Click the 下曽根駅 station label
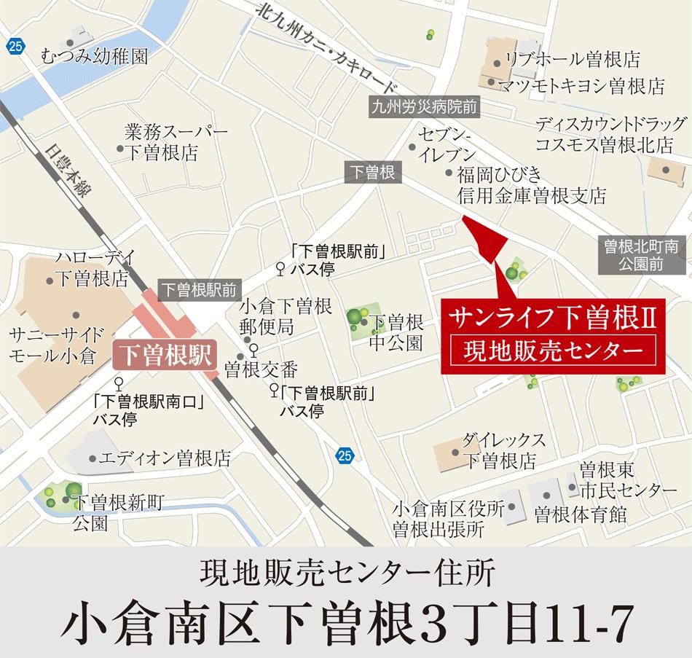pos(164,355)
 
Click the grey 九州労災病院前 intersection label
pos(424,108)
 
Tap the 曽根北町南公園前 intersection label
pos(639,256)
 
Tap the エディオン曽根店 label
pos(165,459)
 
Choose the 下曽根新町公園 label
pos(116,512)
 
